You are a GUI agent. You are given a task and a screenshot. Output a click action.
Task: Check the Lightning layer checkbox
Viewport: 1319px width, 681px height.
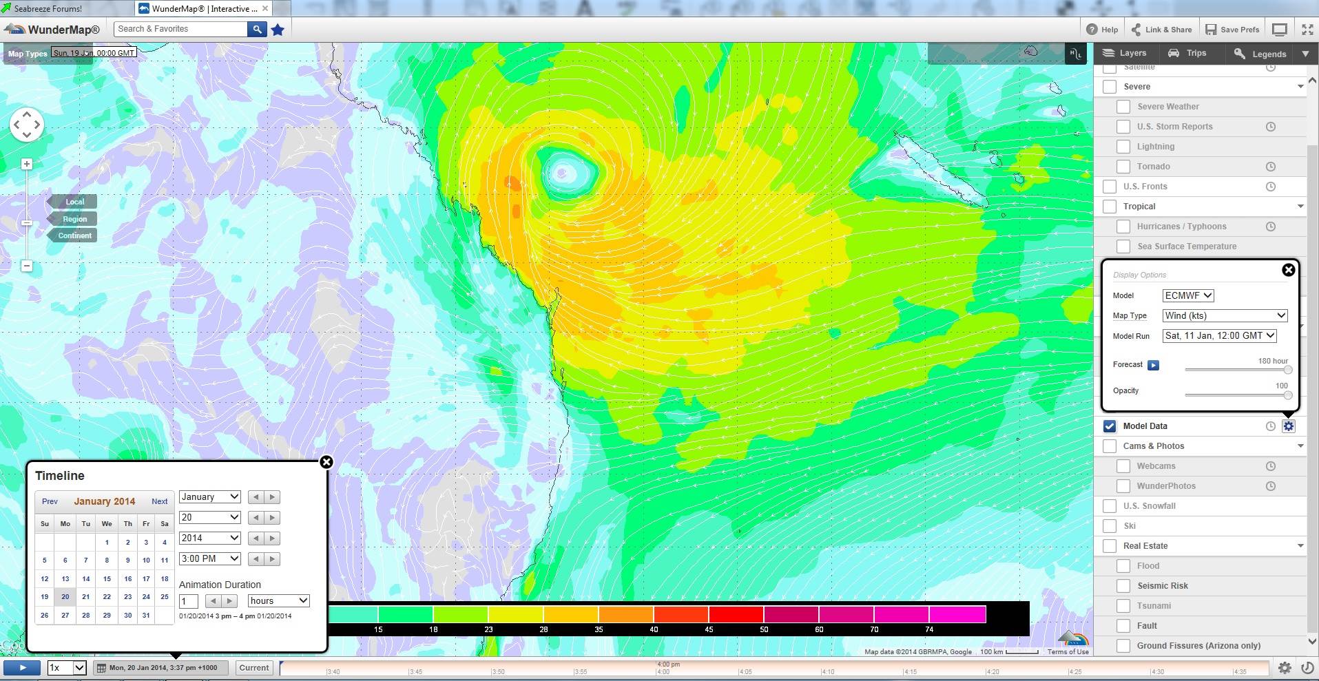(1123, 147)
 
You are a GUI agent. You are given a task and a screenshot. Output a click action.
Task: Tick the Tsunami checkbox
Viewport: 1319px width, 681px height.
(1123, 606)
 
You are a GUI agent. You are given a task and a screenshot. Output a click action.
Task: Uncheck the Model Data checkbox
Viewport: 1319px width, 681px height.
(1110, 426)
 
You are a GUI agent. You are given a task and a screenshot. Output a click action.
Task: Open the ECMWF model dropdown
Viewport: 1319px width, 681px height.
(1188, 295)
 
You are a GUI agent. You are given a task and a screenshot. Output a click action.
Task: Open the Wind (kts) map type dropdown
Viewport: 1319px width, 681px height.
(1225, 315)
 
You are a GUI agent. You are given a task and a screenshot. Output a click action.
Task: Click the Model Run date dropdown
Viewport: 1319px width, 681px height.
(1219, 336)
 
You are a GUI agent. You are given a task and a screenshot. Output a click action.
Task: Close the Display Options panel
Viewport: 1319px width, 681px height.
(1288, 270)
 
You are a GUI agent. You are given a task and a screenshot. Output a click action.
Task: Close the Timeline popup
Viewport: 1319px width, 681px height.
(326, 462)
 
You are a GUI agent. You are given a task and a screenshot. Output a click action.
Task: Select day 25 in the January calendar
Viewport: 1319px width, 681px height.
(165, 597)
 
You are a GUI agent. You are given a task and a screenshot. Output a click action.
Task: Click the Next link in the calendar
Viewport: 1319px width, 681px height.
(160, 501)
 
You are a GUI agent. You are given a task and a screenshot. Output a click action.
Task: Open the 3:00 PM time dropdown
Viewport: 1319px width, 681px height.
(209, 558)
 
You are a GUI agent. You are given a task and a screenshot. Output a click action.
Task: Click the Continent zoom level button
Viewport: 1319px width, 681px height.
(74, 235)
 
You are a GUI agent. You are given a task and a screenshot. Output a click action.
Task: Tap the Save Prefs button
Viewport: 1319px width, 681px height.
(1232, 30)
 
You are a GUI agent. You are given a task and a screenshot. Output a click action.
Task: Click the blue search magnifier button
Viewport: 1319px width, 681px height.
(257, 29)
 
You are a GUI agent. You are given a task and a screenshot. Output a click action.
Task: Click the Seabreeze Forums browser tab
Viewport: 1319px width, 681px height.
(48, 9)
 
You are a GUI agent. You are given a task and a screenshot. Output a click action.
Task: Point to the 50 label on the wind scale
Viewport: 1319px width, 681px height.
(764, 629)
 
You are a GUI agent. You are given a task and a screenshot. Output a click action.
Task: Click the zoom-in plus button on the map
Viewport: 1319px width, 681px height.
(27, 164)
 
